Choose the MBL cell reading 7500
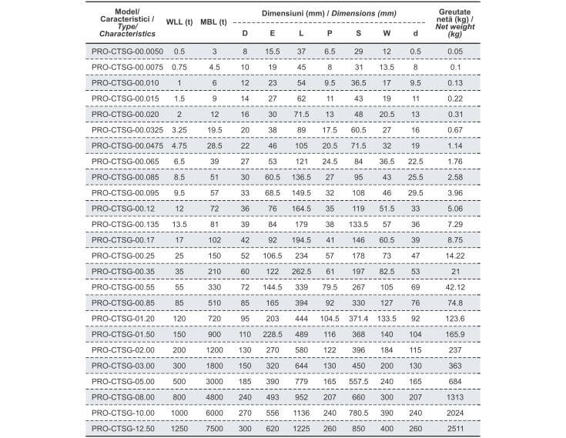(x=213, y=427)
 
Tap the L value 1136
(x=301, y=411)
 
